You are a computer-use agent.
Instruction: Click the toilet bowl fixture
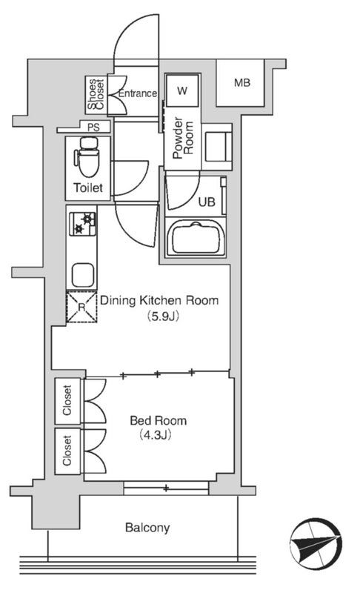(x=88, y=157)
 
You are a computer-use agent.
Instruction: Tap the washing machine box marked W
(x=182, y=90)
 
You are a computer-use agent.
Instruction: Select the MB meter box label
(x=241, y=82)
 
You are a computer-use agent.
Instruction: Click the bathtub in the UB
(x=196, y=238)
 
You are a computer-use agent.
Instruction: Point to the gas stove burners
(x=82, y=224)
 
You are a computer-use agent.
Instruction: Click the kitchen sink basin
(x=83, y=275)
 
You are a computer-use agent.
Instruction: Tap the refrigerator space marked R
(x=81, y=307)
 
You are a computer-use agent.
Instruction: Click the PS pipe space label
(x=93, y=127)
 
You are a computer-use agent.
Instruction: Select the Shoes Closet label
(x=96, y=94)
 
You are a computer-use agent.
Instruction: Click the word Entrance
(x=138, y=93)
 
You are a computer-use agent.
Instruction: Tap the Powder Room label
(x=183, y=138)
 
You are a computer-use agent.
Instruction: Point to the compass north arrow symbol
(x=316, y=543)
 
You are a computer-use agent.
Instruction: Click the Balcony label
(x=147, y=528)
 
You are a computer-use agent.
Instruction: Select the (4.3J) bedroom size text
(x=156, y=435)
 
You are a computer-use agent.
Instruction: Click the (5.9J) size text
(x=162, y=317)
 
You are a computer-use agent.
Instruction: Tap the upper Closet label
(x=67, y=400)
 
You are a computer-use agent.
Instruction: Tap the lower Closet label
(x=67, y=451)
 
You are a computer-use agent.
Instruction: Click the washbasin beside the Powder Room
(x=217, y=147)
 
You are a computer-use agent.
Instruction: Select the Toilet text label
(x=88, y=188)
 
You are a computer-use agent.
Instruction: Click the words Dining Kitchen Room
(x=159, y=301)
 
